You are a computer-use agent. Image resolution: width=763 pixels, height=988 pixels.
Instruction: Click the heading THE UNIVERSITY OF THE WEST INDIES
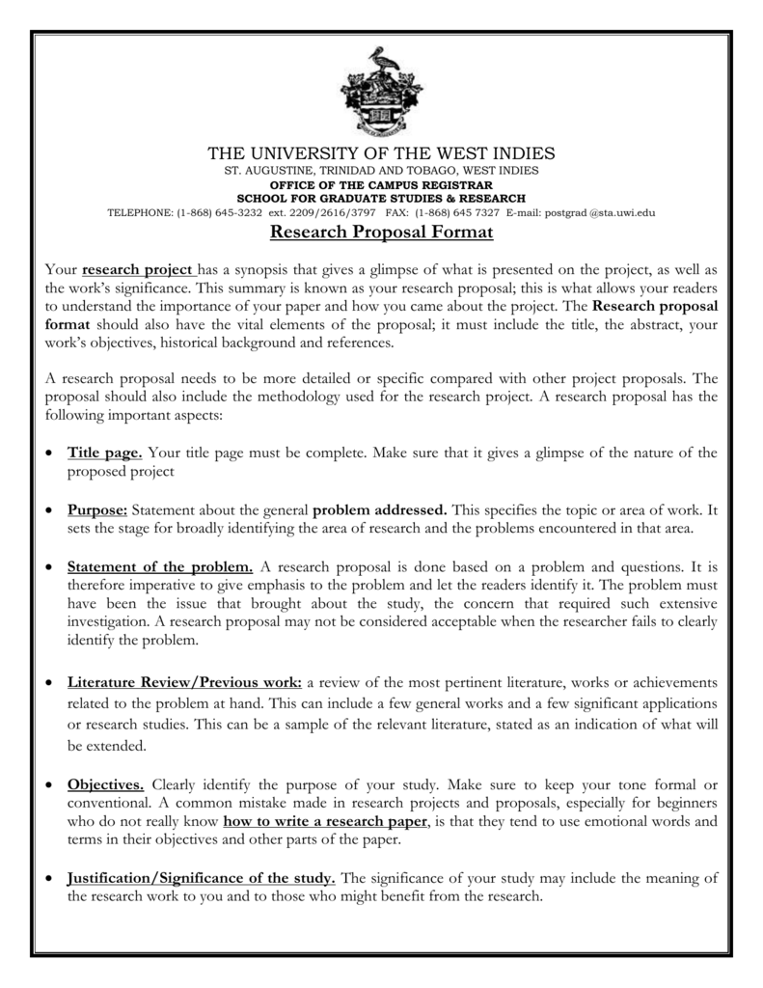381,153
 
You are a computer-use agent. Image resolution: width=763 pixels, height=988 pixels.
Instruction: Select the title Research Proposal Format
381,233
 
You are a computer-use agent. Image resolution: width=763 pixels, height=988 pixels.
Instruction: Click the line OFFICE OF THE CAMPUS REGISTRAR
381,184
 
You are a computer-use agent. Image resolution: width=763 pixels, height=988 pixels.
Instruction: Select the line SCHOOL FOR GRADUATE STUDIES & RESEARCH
381,198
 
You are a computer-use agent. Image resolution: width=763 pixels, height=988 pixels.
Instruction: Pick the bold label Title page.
105,453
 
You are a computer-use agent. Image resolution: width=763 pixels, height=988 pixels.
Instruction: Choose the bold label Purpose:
97,509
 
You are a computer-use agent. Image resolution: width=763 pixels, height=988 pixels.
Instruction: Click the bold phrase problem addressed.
380,509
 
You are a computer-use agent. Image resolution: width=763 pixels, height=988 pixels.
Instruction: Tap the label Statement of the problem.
160,566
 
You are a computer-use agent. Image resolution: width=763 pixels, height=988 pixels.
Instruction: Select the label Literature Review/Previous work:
185,682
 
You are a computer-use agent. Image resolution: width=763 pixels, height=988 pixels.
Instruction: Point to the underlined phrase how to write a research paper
325,821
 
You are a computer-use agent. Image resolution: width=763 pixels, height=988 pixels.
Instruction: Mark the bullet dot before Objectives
48,783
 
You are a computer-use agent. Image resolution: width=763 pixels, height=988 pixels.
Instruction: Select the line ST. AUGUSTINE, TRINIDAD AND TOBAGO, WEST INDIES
381,171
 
